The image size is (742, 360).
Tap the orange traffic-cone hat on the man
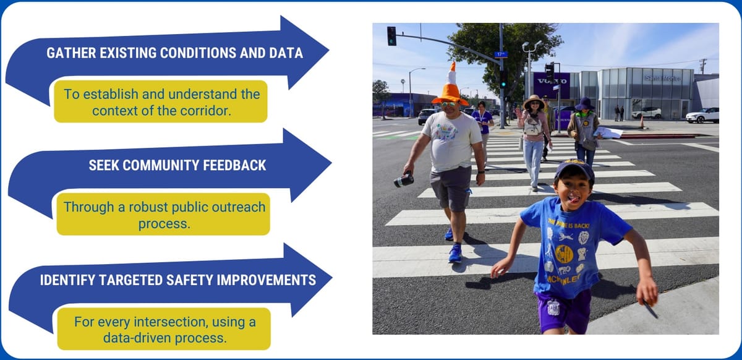click(451, 86)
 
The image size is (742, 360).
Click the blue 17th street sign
click(500, 54)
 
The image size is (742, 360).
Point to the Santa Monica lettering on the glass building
click(662, 79)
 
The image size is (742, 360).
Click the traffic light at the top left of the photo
click(391, 36)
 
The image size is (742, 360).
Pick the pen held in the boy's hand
click(650, 308)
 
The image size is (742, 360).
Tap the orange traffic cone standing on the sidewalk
click(642, 122)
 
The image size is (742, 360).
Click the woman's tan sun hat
click(533, 100)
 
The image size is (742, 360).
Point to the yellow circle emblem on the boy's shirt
click(563, 253)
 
